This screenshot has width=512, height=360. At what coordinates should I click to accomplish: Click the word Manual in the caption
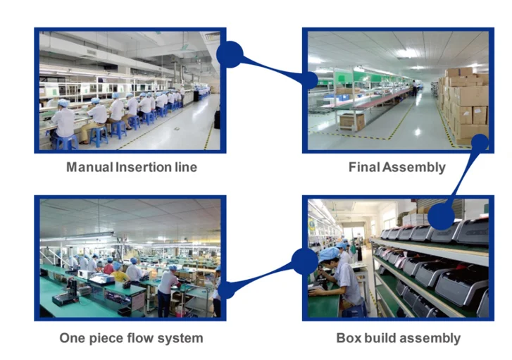(x=88, y=168)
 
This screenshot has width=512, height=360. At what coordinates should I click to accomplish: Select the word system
(x=182, y=338)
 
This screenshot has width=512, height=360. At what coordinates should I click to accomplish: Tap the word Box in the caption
(x=348, y=338)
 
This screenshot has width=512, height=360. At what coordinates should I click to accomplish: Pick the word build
(x=382, y=338)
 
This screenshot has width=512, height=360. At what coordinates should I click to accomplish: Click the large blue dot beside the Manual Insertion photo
(x=230, y=54)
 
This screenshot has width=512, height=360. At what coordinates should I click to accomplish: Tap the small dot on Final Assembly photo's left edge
(x=309, y=80)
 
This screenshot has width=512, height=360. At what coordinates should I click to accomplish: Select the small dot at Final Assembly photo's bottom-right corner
(x=480, y=142)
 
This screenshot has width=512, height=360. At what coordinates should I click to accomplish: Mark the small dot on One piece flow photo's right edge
(x=223, y=288)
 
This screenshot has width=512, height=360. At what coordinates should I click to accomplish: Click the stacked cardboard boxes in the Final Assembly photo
(x=465, y=106)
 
